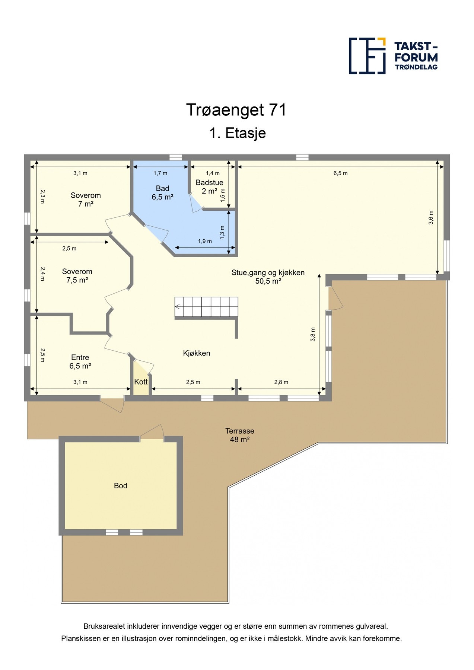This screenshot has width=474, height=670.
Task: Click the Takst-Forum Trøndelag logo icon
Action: tap(367, 56)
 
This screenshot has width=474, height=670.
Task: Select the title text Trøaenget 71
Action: tap(236, 110)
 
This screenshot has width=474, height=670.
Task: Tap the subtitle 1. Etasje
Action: tap(238, 133)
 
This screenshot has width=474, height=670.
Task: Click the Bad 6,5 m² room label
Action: tap(162, 193)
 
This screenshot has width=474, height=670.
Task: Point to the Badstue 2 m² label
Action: tap(209, 187)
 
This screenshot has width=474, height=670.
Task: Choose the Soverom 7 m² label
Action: tap(86, 200)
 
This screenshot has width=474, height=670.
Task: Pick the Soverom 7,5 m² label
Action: tap(77, 276)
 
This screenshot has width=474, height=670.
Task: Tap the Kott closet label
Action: tap(141, 382)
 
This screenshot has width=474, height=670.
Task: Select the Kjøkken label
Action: tap(197, 353)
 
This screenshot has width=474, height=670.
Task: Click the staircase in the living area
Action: tap(207, 307)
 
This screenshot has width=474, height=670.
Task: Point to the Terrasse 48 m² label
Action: tap(240, 435)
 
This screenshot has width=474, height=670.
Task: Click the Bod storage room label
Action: tap(121, 486)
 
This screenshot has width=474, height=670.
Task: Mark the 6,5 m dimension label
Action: tap(340, 173)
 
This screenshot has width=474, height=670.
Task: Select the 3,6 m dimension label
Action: tap(431, 218)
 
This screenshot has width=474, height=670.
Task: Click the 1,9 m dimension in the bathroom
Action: tap(205, 241)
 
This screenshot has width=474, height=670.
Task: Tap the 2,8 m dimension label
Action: tap(281, 382)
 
